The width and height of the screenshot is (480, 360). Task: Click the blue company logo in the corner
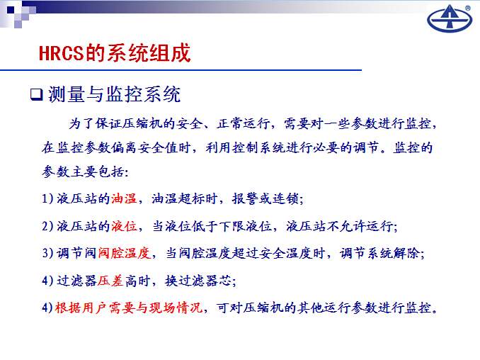coord(450,18)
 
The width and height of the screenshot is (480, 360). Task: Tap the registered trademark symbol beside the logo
coord(468,9)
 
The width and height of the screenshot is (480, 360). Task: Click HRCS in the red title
coord(61,53)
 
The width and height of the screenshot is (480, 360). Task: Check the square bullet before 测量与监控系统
coord(36,94)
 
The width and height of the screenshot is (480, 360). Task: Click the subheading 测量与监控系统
coord(114,94)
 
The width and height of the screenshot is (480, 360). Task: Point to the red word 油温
coord(124,199)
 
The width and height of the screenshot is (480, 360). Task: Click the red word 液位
coord(124,226)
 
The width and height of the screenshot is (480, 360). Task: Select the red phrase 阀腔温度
coord(124,254)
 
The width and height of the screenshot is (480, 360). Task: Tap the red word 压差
coord(110,281)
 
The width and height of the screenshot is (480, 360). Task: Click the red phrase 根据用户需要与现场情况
coord(129,308)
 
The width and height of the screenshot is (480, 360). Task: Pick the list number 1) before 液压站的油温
coord(47,199)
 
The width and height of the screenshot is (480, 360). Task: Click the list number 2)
coord(47,226)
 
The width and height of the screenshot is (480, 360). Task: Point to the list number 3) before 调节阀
coord(47,254)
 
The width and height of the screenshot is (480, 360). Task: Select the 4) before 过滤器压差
coord(47,281)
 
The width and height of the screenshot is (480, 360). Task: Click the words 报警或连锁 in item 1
coord(265,199)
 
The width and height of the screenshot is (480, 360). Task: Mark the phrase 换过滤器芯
coord(198,281)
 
